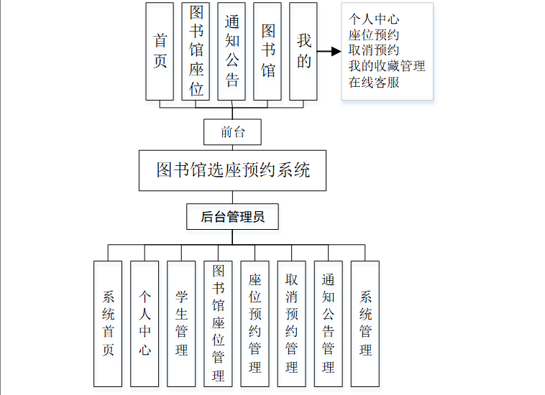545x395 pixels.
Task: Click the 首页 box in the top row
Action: pyautogui.click(x=160, y=51)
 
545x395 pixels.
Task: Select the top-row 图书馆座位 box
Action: pyautogui.click(x=196, y=51)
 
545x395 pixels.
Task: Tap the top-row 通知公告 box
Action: pyautogui.click(x=232, y=51)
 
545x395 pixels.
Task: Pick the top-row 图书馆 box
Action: pyautogui.click(x=267, y=51)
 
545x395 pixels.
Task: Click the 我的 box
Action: pyautogui.click(x=303, y=51)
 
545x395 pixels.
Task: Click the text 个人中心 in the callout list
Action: pyautogui.click(x=374, y=19)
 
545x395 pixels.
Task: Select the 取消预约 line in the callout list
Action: pyautogui.click(x=374, y=50)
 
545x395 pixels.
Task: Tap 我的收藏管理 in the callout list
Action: pyautogui.click(x=387, y=66)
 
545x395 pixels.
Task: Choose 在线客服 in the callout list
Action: pyautogui.click(x=374, y=82)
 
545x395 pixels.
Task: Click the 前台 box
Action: pyautogui.click(x=232, y=132)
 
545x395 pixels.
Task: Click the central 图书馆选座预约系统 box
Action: pyautogui.click(x=232, y=170)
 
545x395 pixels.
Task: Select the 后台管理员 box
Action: pyautogui.click(x=232, y=216)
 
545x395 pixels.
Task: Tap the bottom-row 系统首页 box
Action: pyautogui.click(x=108, y=323)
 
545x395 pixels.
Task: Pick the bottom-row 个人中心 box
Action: pyautogui.click(x=145, y=323)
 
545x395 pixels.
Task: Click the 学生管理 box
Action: pyautogui.click(x=181, y=323)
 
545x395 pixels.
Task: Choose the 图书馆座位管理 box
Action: pyautogui.click(x=218, y=323)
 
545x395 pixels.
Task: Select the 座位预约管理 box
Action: pyautogui.click(x=255, y=323)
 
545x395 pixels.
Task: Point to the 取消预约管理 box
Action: pyautogui.click(x=291, y=323)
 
